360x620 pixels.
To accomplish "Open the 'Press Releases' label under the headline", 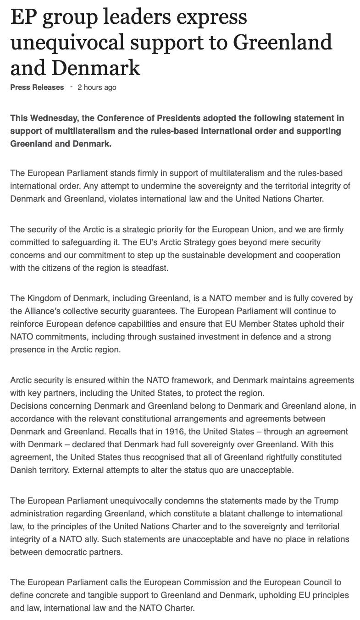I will point(37,87).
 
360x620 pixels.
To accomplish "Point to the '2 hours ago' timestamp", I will point(97,87).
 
